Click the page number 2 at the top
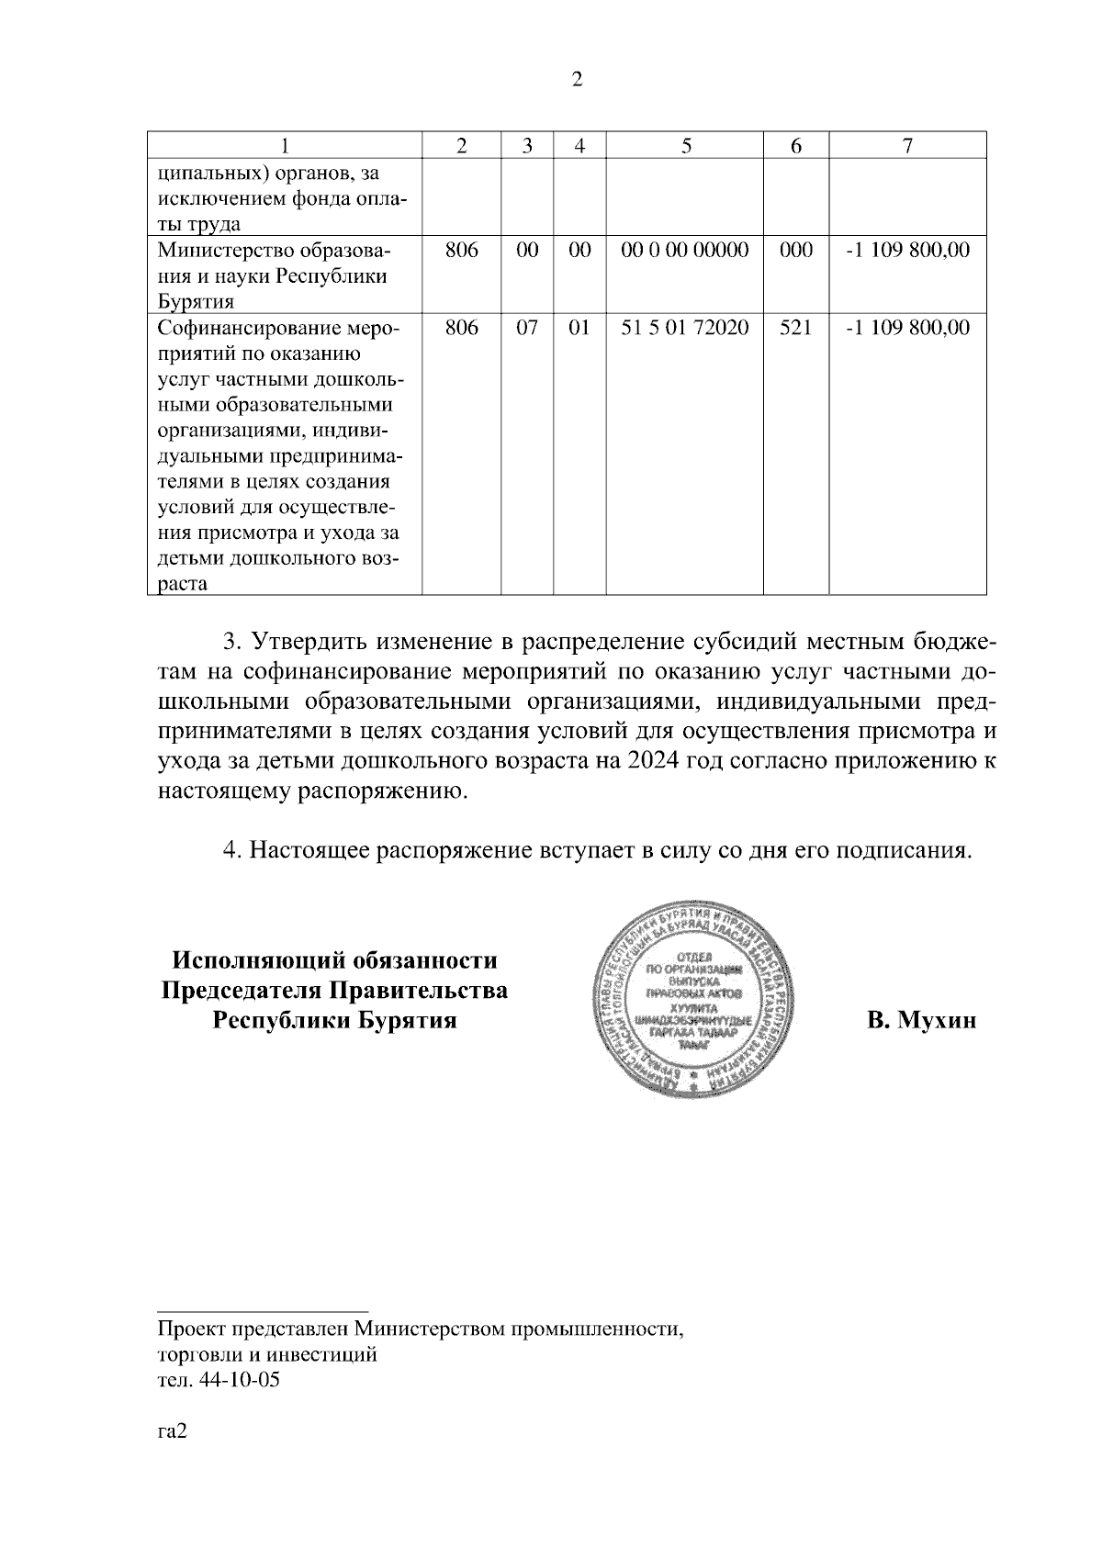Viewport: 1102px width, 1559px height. pyautogui.click(x=577, y=80)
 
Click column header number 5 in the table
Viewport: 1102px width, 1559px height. pyautogui.click(x=685, y=146)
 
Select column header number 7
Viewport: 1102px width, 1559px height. pyautogui.click(x=907, y=146)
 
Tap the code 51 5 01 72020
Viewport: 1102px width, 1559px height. pyautogui.click(x=685, y=329)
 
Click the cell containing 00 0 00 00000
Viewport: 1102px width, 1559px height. pyautogui.click(x=685, y=251)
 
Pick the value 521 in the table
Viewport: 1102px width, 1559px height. pyautogui.click(x=795, y=329)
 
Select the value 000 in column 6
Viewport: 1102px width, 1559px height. pyautogui.click(x=795, y=251)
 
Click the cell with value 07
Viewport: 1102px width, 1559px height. pyautogui.click(x=526, y=329)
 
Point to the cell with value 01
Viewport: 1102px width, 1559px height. pyautogui.click(x=579, y=329)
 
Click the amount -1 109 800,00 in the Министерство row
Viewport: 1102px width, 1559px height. pyautogui.click(x=907, y=251)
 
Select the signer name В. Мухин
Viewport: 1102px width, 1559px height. pyautogui.click(x=921, y=1021)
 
